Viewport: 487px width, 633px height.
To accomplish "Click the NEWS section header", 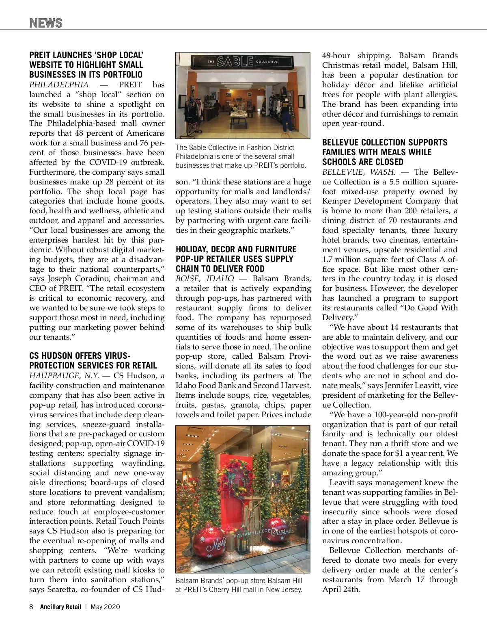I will point(46,23).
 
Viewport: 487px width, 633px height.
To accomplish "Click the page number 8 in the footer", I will point(31,607).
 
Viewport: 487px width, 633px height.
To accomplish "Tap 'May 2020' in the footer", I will point(106,607).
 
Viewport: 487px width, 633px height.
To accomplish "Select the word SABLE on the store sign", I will point(235,62).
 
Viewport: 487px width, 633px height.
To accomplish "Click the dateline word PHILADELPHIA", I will point(59,85).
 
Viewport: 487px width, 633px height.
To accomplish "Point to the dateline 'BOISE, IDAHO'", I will point(205,279).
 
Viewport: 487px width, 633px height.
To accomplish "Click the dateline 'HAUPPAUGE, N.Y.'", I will point(64,376).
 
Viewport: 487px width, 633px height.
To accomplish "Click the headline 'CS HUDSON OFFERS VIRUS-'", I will point(80,356).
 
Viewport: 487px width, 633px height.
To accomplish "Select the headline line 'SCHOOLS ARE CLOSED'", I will point(363,162).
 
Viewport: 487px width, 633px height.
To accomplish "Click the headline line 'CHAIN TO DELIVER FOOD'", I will point(220,269).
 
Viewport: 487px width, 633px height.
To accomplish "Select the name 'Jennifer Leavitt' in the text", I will point(410,386).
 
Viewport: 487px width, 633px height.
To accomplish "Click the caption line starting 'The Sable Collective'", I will point(235,147).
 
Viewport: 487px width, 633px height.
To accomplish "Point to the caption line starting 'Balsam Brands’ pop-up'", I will point(239,581).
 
